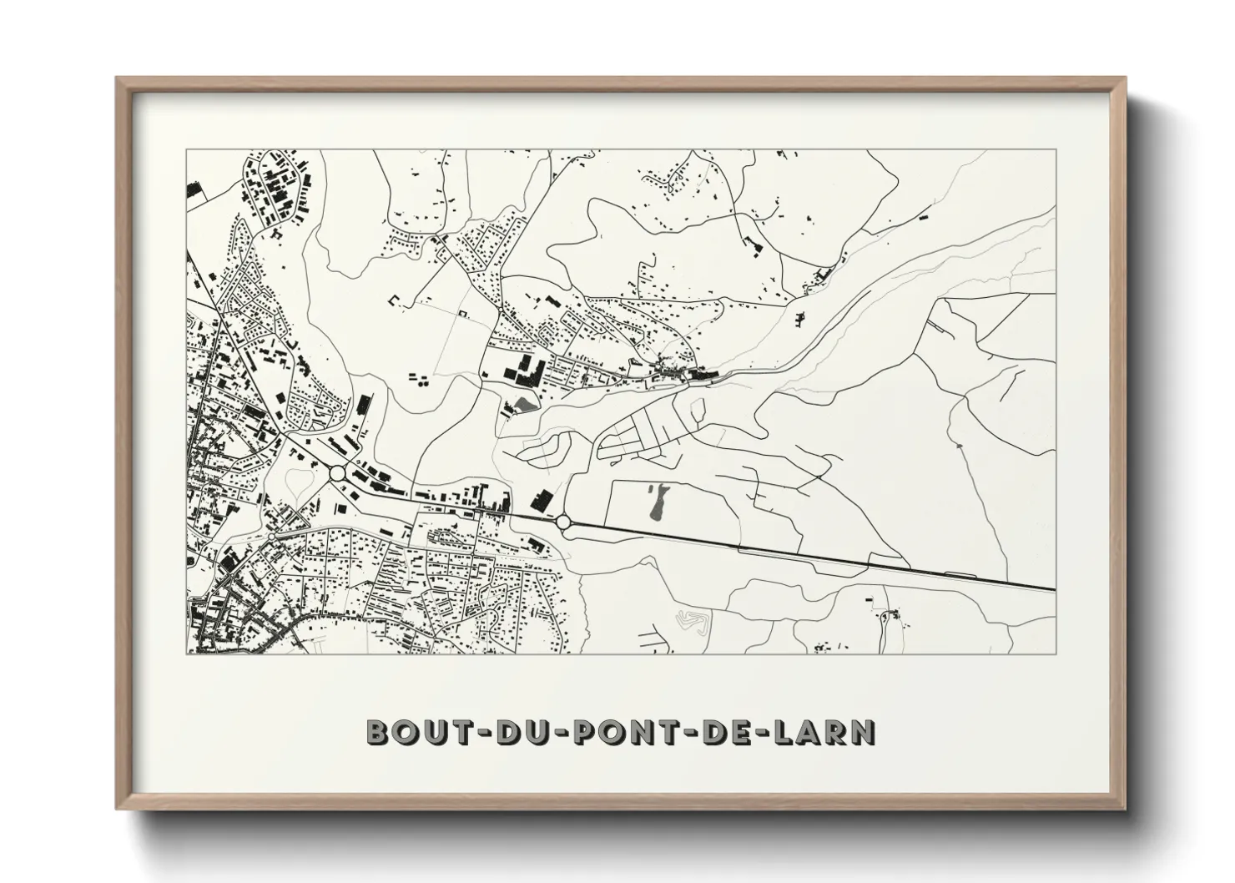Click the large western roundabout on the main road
click(338, 473)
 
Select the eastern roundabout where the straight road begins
click(563, 522)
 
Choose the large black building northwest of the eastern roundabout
click(542, 501)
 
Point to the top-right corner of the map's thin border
click(1056, 149)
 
